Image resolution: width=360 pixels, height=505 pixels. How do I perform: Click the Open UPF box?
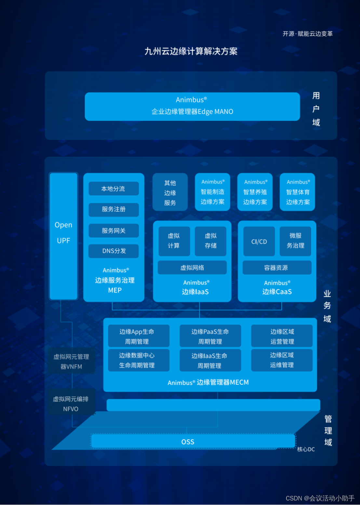click(x=63, y=236)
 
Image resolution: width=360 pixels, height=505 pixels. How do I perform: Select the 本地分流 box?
click(x=113, y=189)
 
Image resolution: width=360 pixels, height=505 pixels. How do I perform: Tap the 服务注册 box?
click(x=113, y=209)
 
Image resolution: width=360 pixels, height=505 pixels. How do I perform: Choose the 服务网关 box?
click(x=113, y=231)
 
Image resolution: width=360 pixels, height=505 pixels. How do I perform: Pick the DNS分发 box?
click(x=113, y=251)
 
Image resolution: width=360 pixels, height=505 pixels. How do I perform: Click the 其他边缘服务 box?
click(x=170, y=192)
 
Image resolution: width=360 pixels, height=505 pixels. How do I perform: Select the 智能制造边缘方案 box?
click(x=212, y=192)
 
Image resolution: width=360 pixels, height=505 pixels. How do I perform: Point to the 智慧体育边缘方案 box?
click(x=298, y=192)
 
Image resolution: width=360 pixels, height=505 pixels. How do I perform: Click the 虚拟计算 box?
click(x=174, y=241)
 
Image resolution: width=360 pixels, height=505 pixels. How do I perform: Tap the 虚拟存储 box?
click(x=210, y=241)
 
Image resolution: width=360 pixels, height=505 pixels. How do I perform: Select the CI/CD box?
click(x=259, y=241)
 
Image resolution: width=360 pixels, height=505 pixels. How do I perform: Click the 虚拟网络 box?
click(x=192, y=268)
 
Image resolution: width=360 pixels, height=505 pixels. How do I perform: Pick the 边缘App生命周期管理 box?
click(x=139, y=336)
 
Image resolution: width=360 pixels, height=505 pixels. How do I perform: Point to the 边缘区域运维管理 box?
click(x=282, y=360)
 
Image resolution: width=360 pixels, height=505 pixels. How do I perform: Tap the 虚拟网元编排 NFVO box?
click(x=71, y=404)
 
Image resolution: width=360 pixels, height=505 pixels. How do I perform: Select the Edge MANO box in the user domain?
click(x=192, y=106)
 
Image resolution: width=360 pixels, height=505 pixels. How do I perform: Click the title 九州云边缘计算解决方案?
click(x=191, y=51)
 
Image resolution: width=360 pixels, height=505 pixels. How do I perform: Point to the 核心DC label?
click(x=306, y=449)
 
